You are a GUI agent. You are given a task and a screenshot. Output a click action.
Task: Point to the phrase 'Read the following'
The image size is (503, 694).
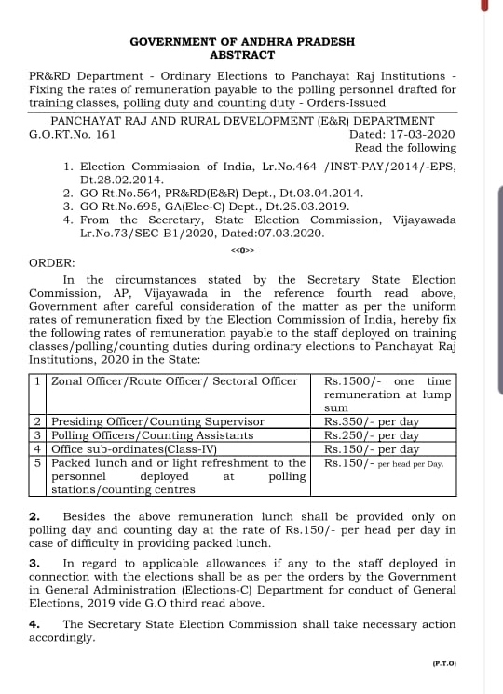405,148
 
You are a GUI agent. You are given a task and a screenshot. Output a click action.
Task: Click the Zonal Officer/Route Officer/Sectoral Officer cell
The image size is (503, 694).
174,381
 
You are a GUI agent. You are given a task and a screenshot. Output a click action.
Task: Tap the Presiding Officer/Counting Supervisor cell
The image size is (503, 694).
157,421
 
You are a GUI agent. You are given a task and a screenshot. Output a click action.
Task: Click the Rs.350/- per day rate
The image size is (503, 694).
371,421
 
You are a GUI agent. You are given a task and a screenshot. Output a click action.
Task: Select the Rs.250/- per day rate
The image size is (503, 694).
371,434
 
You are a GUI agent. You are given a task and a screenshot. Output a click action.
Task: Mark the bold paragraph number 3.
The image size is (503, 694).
34,563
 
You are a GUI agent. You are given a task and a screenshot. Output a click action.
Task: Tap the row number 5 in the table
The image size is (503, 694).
37,462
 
